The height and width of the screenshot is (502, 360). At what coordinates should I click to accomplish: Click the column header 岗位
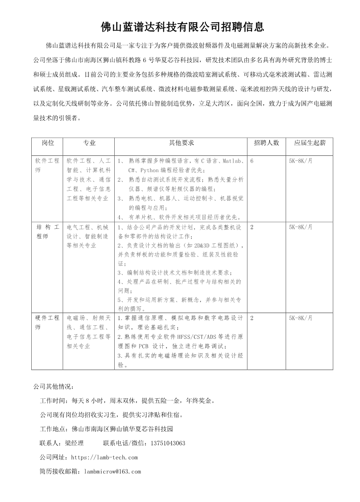pyautogui.click(x=48, y=143)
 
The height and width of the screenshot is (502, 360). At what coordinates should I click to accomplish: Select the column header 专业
pyautogui.click(x=89, y=143)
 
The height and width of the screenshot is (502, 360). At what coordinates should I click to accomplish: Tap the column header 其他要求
pyautogui.click(x=181, y=143)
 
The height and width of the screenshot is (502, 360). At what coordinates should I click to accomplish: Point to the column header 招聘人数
pyautogui.click(x=266, y=143)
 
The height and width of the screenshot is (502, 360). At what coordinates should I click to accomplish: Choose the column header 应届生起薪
pyautogui.click(x=310, y=143)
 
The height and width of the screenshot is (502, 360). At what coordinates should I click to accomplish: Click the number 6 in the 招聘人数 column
pyautogui.click(x=252, y=161)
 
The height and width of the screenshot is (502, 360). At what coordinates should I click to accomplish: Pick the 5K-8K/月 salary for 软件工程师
pyautogui.click(x=301, y=161)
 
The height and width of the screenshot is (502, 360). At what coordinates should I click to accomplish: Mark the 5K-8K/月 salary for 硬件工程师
pyautogui.click(x=301, y=318)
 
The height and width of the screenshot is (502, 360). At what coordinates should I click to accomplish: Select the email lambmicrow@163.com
pyautogui.click(x=112, y=472)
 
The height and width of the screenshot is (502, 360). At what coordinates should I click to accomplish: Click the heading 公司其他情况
pyautogui.click(x=53, y=387)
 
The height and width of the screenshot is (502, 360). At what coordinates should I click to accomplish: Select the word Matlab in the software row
pyautogui.click(x=233, y=161)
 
